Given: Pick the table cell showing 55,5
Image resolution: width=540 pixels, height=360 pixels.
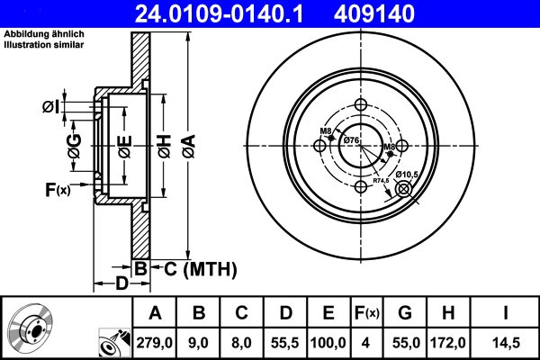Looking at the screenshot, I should (286, 343).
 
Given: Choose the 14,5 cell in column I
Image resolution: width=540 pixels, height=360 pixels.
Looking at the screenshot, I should (506, 343).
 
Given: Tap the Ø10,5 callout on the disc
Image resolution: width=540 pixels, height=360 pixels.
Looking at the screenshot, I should (407, 173).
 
